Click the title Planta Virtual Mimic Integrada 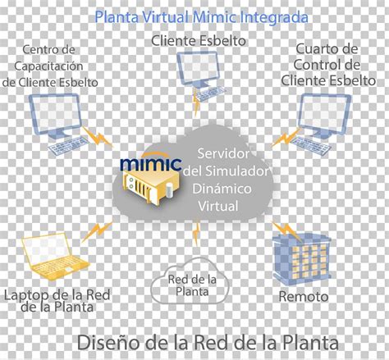tap(201, 17)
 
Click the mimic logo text tap(151, 163)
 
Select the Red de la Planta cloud tap(190, 280)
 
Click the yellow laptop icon tap(55, 257)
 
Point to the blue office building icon tap(302, 257)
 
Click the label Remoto tap(304, 297)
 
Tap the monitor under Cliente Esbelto tap(199, 68)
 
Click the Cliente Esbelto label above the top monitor tap(199, 41)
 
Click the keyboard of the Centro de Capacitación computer tap(68, 145)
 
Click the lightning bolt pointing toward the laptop tap(97, 232)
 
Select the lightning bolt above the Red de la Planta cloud tap(196, 233)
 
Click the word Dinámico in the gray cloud tap(222, 189)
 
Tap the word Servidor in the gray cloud tap(223, 153)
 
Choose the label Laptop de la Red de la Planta tap(57, 301)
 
